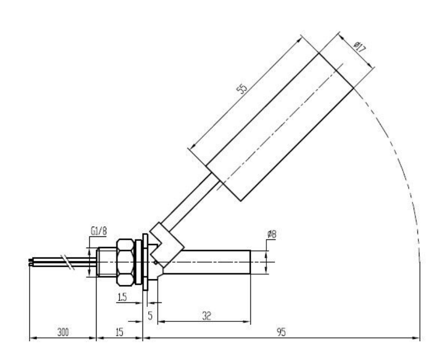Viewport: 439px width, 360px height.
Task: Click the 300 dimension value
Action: point(63,332)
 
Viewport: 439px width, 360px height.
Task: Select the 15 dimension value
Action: point(120,332)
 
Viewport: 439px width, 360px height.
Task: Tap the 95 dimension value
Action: point(281,332)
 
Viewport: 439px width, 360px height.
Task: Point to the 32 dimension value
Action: point(206,316)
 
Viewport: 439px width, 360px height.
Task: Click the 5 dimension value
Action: point(150,316)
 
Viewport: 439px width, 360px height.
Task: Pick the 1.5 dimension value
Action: point(122,297)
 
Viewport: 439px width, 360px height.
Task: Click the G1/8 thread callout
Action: point(99,231)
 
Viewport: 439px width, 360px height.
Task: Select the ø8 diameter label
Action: point(272,234)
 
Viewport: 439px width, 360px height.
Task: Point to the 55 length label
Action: point(242,88)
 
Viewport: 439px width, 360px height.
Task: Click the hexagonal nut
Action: point(125,262)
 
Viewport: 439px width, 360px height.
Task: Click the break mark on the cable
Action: point(68,262)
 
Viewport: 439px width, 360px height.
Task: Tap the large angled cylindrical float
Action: point(279,127)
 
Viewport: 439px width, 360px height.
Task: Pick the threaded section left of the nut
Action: point(106,262)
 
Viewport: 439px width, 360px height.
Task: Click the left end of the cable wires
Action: point(29,262)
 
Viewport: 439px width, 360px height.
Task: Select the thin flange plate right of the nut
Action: point(145,262)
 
